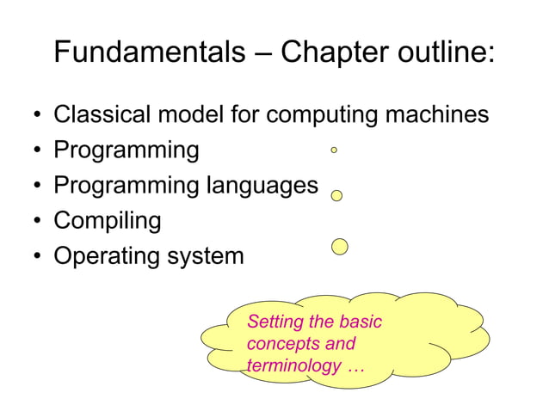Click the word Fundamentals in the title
pos(149,53)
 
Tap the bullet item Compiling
pos(108,222)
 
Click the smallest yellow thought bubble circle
pos(334,150)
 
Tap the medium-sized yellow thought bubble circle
pos(337,195)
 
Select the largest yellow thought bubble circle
pos(340,248)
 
